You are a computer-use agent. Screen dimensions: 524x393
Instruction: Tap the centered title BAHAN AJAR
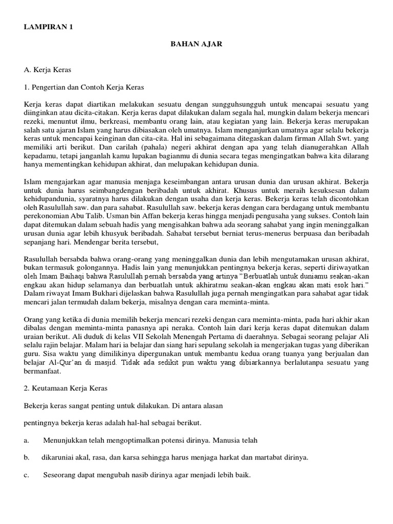[x=196, y=45]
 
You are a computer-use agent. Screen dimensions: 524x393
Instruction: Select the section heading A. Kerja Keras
[x=48, y=68]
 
